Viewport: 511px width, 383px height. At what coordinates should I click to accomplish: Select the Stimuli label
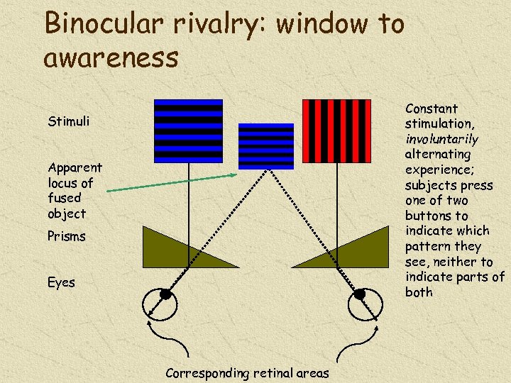69,121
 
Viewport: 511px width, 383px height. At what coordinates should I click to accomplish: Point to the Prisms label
67,236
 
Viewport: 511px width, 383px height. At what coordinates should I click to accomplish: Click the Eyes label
61,282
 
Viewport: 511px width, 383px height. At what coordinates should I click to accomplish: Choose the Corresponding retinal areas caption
247,373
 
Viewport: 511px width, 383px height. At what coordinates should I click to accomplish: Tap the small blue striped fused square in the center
265,146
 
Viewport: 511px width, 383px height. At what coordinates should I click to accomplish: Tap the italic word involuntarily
441,139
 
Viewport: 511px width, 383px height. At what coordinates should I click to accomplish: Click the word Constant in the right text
431,109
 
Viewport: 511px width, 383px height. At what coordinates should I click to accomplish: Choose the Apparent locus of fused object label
75,190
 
